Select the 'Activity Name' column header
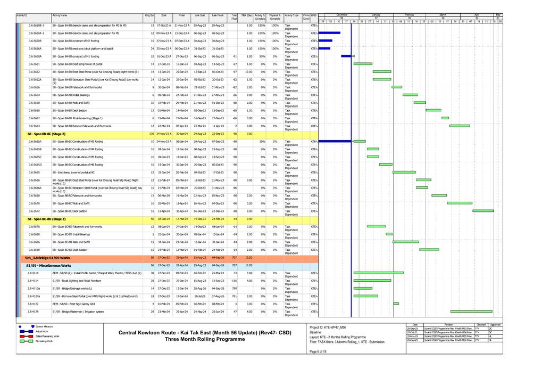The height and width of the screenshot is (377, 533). [x=60, y=16]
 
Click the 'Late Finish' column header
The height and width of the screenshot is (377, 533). [x=218, y=16]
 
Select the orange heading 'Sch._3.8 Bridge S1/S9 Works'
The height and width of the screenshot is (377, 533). [x=45, y=257]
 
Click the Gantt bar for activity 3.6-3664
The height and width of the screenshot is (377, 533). [x=460, y=126]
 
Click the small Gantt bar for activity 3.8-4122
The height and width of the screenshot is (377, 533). [x=396, y=304]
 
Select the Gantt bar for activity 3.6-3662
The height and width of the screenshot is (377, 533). [x=445, y=118]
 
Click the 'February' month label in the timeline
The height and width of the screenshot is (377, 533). [x=410, y=14]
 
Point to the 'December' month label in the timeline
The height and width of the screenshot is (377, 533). [x=342, y=14]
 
